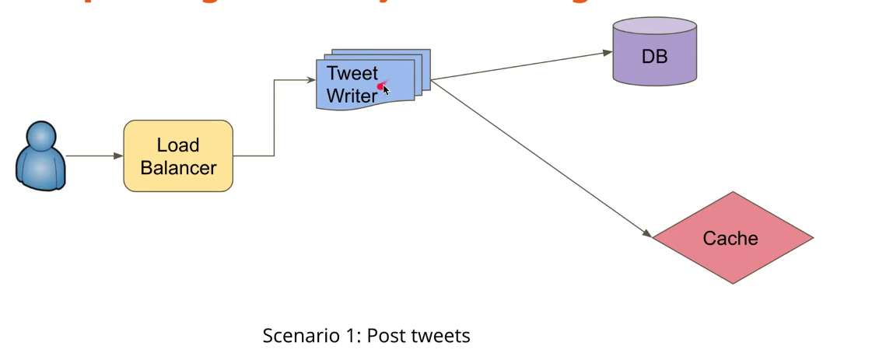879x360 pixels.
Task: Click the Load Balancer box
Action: [x=178, y=156]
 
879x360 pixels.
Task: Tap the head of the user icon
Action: [x=40, y=135]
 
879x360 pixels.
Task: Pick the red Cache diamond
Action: [x=731, y=238]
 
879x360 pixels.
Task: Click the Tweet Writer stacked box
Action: [x=371, y=82]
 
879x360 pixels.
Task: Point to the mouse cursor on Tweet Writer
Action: [x=385, y=89]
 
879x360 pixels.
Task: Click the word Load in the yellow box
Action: [x=178, y=145]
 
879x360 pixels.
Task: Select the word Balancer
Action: [x=178, y=167]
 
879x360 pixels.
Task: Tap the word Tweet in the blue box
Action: [x=352, y=74]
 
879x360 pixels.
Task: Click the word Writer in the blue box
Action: [x=352, y=96]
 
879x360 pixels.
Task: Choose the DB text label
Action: [x=654, y=57]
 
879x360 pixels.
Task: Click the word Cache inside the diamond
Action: [x=730, y=238]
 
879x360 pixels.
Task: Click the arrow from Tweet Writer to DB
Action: [x=521, y=66]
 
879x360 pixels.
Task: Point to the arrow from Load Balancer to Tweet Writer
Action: [x=274, y=117]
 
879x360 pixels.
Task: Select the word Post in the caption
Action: [x=382, y=336]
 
